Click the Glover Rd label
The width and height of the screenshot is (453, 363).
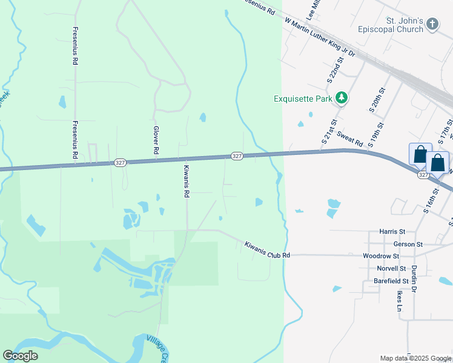click(x=156, y=139)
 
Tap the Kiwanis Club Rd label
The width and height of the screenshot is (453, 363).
click(x=267, y=250)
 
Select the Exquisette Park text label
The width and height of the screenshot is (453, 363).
click(x=302, y=99)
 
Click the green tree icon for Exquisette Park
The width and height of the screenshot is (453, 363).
click(x=342, y=97)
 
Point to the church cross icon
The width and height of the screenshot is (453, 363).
click(x=432, y=24)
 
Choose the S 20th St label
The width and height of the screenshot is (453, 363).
click(x=377, y=100)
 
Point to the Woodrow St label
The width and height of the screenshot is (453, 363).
click(x=380, y=256)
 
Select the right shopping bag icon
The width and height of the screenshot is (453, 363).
click(x=437, y=162)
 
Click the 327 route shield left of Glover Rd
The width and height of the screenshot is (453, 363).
click(x=119, y=163)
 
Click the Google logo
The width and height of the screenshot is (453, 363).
click(x=20, y=356)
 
